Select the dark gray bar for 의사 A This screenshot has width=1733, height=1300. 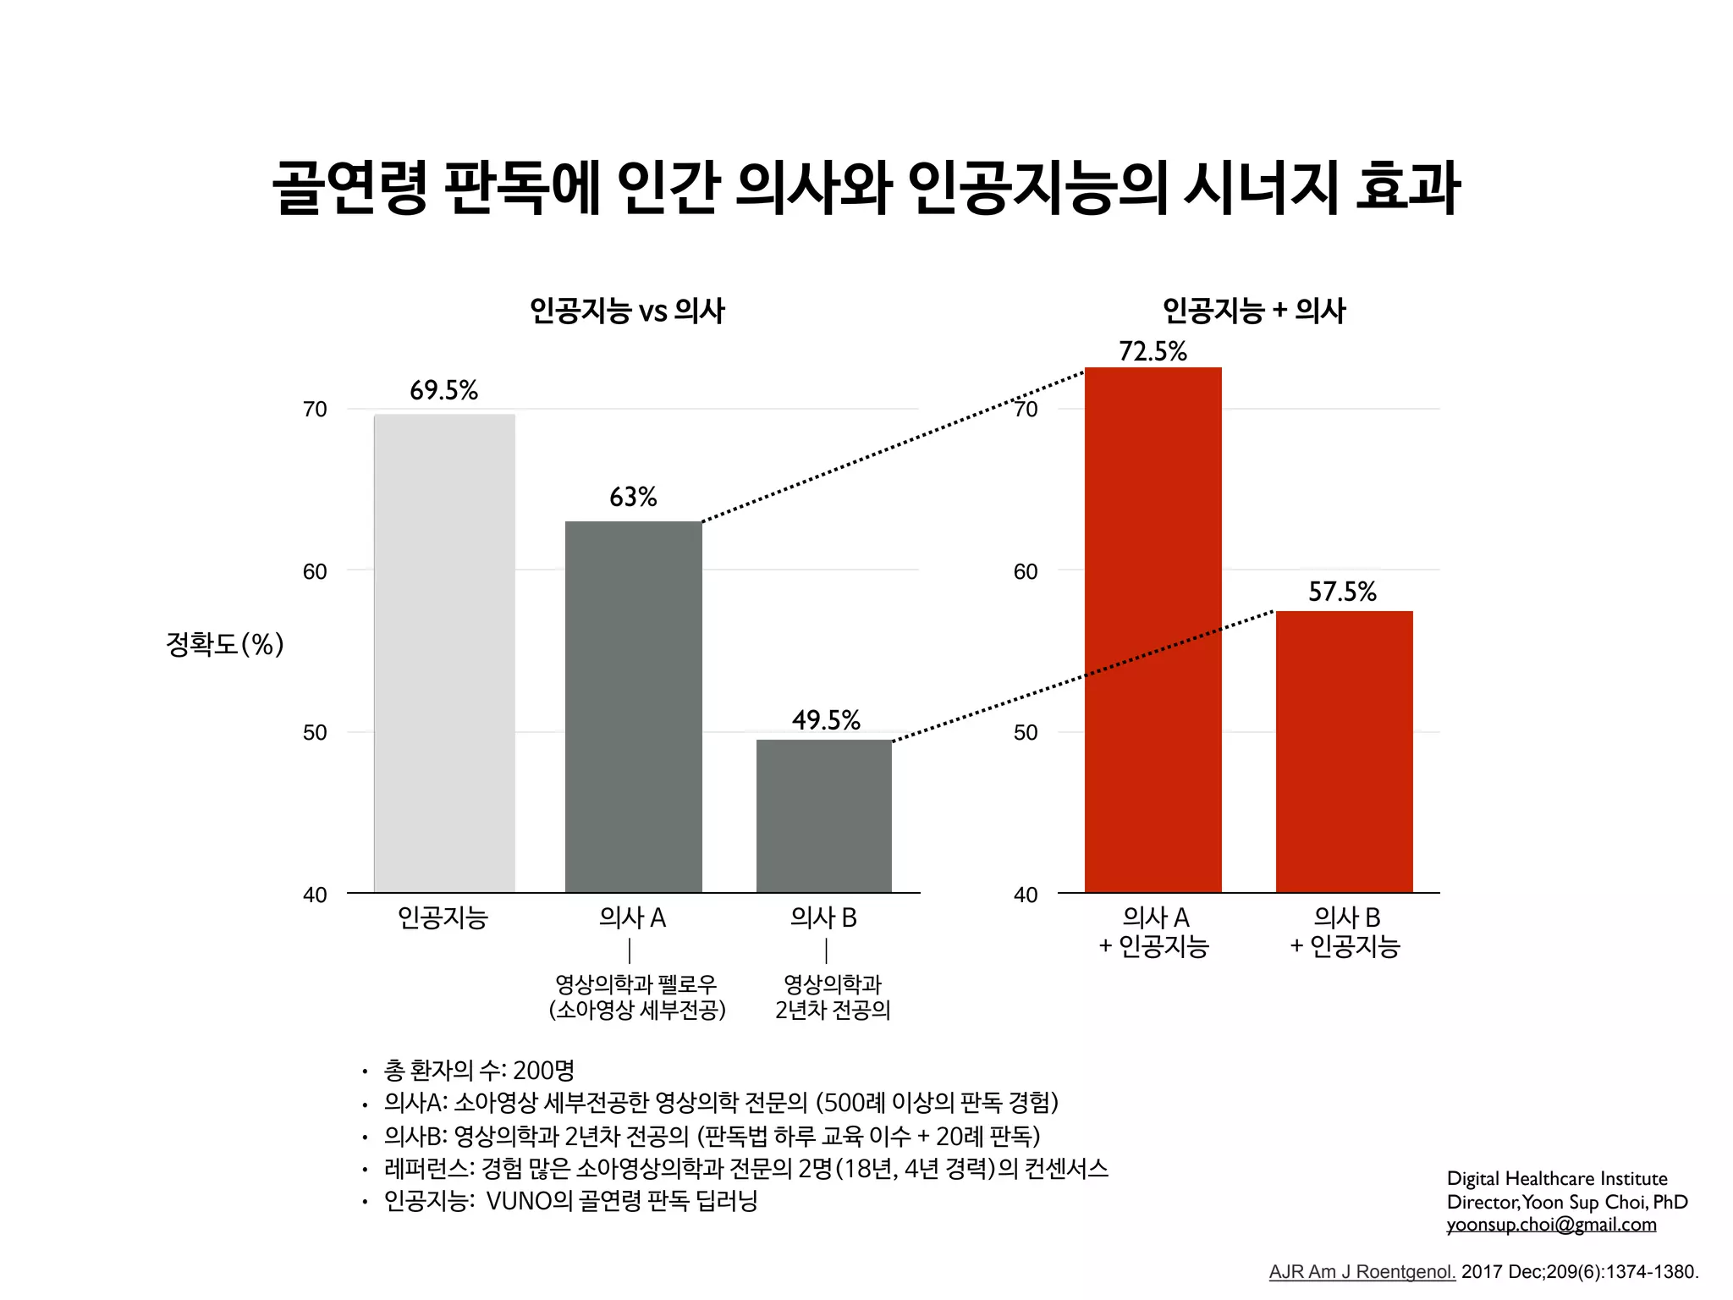point(633,707)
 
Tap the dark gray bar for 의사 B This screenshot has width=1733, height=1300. point(824,816)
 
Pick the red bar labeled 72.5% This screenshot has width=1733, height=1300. point(1153,631)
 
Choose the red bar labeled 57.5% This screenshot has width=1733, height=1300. point(1344,752)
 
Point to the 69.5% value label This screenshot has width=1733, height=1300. point(443,390)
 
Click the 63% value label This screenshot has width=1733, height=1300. point(633,497)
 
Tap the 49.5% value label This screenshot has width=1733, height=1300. point(826,720)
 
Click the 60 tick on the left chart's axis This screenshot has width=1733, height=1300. point(315,571)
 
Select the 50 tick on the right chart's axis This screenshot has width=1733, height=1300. point(1026,732)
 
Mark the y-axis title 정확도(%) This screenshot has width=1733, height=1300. point(224,645)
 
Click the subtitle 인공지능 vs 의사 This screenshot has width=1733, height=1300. point(627,311)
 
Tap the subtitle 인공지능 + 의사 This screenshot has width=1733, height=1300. point(1253,311)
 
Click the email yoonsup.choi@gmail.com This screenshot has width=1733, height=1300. point(1551,1225)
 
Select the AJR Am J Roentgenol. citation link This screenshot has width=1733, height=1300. point(1362,1271)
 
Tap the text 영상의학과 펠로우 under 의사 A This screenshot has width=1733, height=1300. point(635,984)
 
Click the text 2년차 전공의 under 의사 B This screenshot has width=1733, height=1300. point(833,1010)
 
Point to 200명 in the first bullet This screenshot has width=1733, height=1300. point(543,1071)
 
